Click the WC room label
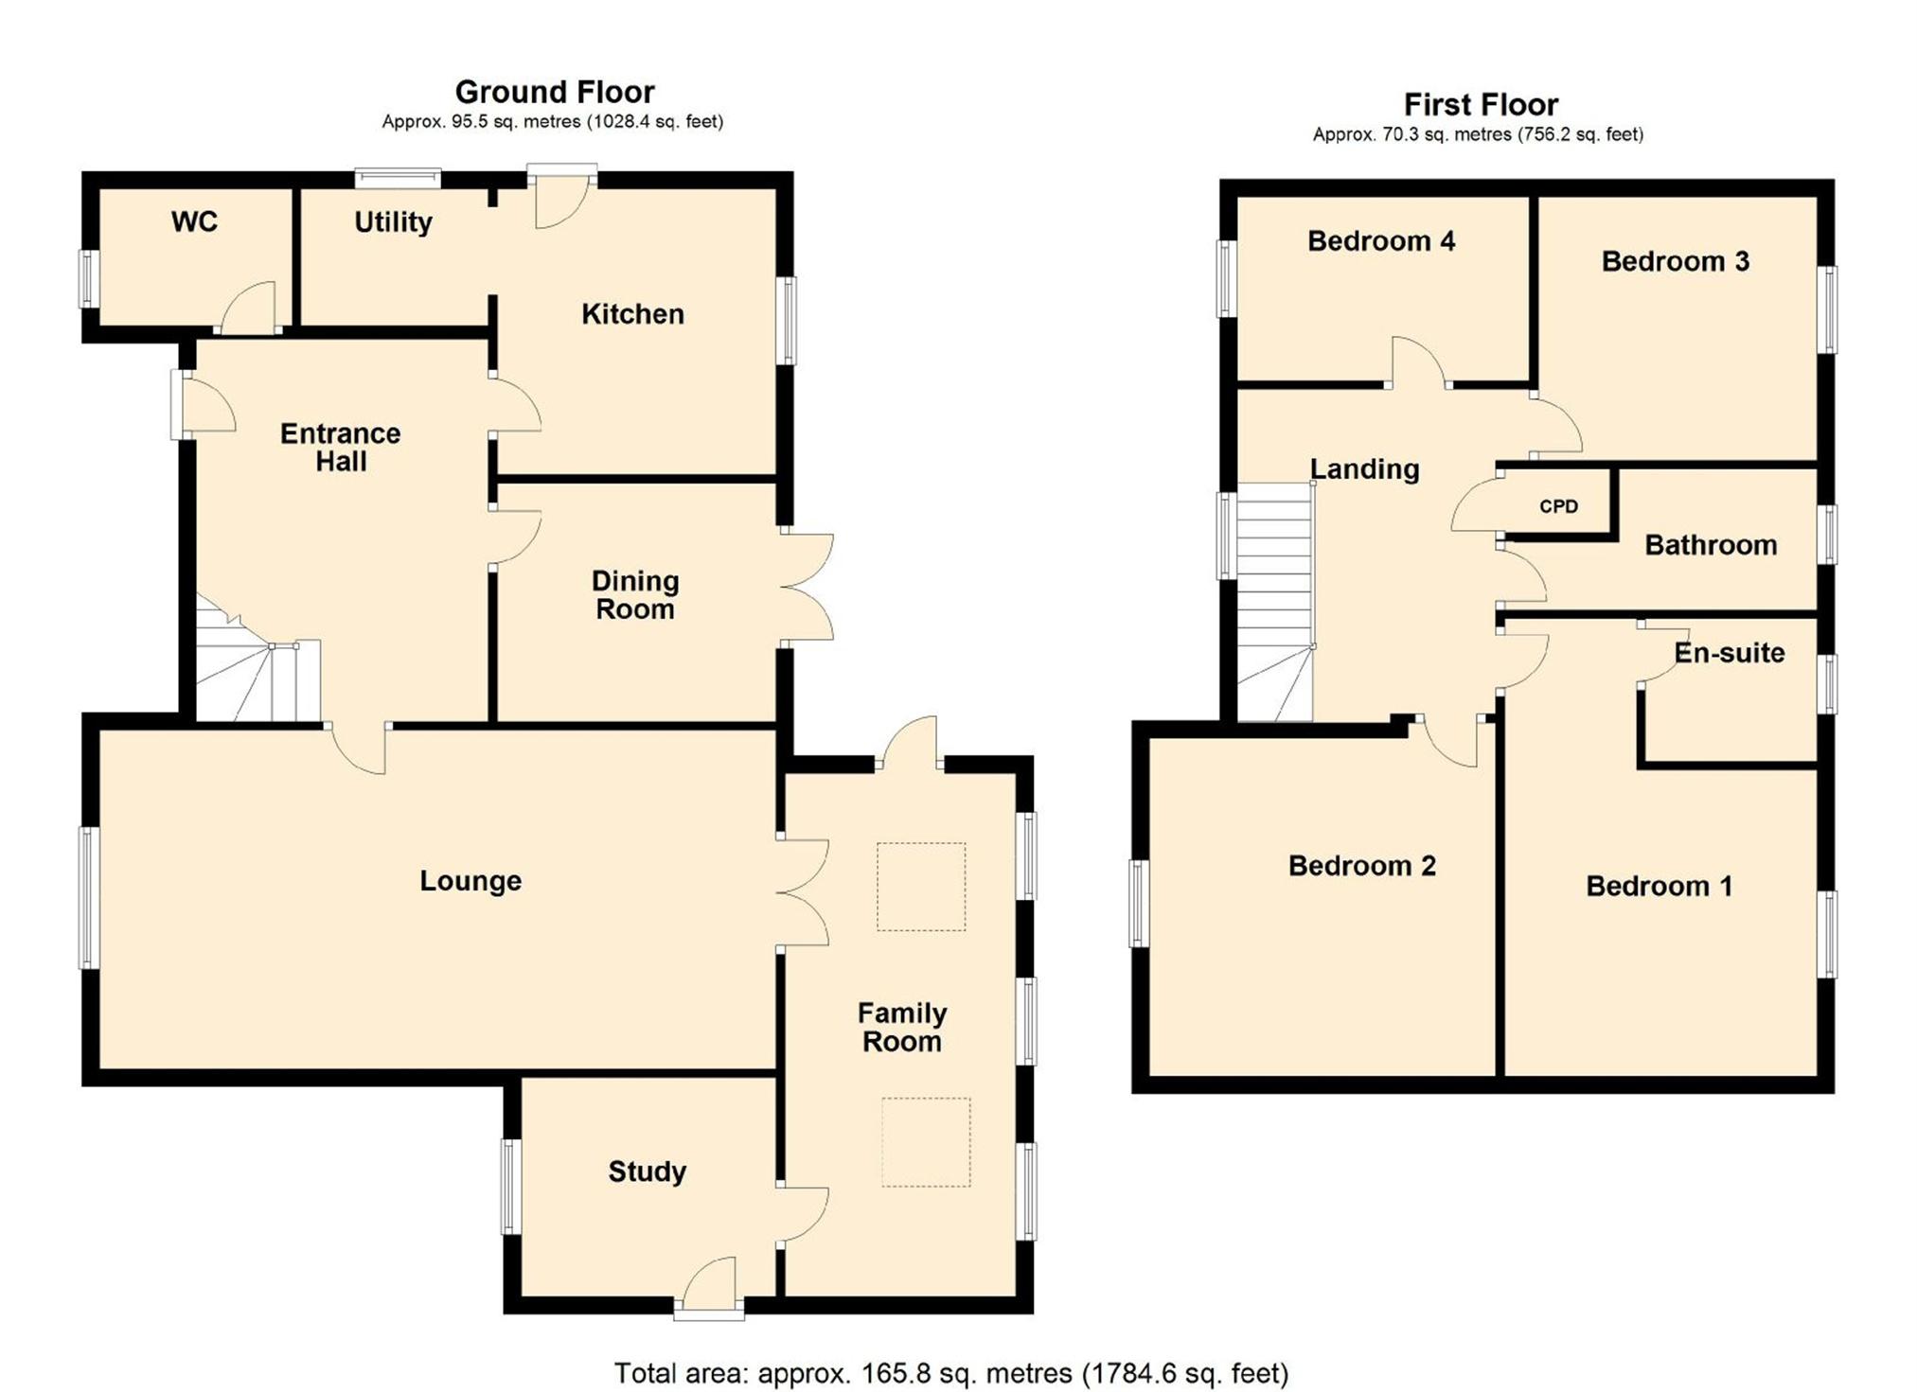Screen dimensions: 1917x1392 tap(194, 221)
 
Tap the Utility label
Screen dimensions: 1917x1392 tap(393, 222)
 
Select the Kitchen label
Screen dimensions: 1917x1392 tap(632, 314)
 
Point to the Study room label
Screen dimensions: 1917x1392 tap(647, 1172)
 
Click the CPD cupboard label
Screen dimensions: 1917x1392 tap(1558, 506)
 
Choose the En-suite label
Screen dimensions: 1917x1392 tap(1730, 653)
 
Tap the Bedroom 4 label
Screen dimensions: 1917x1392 tap(1381, 241)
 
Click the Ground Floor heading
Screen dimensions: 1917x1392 tap(555, 92)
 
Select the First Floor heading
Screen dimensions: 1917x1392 tap(1481, 104)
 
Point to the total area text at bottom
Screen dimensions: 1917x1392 tap(951, 1372)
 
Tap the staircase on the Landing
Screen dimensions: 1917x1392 tap(1275, 602)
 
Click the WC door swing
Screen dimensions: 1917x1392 tap(248, 306)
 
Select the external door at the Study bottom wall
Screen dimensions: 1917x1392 tap(709, 1287)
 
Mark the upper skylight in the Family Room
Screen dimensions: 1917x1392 tap(921, 887)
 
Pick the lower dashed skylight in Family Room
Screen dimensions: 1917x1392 tap(927, 1142)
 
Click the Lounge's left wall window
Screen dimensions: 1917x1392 tap(89, 898)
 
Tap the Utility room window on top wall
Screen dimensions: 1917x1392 tap(398, 178)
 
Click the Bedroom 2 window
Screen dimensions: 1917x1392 tap(1139, 904)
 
